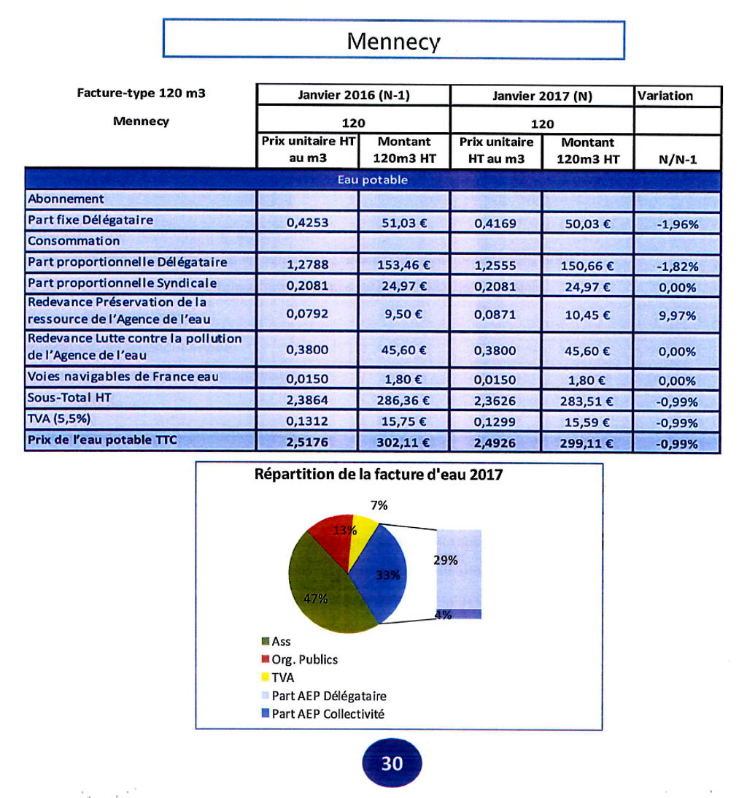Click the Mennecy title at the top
pos(393,40)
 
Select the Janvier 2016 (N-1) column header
pos(353,96)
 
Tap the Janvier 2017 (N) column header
pos(541,96)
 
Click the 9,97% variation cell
pos(677,316)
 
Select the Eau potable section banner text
pos(373,179)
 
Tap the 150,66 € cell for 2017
pos(587,266)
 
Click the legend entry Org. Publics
pos(304,659)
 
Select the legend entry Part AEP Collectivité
pos(328,713)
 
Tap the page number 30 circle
pos(392,764)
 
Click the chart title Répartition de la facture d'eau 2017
pos(379,475)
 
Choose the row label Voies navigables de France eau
pos(123,377)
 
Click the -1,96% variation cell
pos(677,224)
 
